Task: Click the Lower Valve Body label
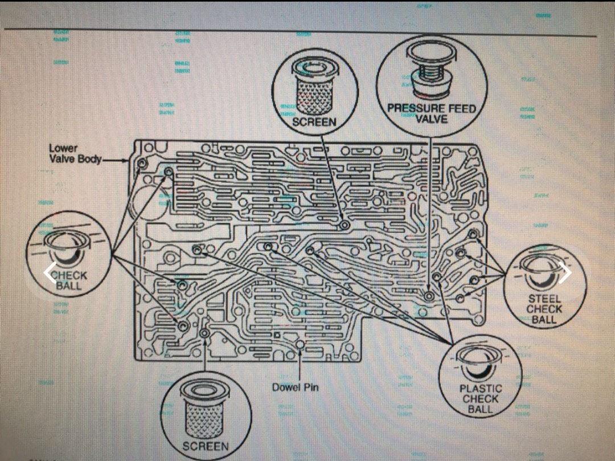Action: click(75, 153)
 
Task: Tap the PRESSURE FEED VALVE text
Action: click(431, 113)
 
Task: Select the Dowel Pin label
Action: click(295, 387)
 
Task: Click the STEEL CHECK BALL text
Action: click(544, 309)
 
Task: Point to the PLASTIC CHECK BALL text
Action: click(481, 399)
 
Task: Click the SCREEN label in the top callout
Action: click(314, 121)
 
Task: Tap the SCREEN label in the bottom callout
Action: click(206, 446)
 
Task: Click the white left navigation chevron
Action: click(50, 273)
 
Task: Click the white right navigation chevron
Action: click(565, 273)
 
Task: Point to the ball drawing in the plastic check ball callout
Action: click(481, 365)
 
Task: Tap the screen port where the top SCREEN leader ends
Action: click(345, 226)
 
